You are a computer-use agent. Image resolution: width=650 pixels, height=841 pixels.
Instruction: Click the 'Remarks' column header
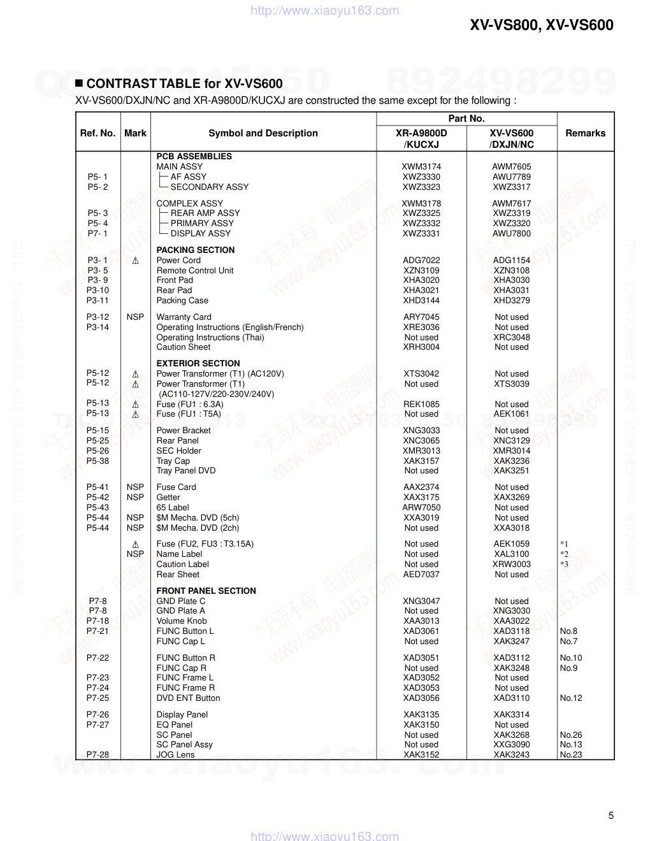[585, 133]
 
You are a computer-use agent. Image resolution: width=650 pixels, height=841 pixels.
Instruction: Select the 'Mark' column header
[135, 133]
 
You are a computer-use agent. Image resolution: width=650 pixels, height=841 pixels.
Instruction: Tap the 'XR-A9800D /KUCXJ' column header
[421, 138]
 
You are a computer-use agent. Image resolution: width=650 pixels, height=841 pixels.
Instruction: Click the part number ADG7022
[421, 260]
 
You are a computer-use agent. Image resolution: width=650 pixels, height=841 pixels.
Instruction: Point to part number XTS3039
[511, 384]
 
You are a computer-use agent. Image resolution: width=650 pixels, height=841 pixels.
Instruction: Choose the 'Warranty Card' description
[184, 317]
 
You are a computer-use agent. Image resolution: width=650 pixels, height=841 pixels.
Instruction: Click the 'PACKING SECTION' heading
[196, 250]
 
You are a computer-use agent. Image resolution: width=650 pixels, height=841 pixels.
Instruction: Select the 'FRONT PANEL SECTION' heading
[206, 591]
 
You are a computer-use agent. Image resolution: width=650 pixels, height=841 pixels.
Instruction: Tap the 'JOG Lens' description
[175, 754]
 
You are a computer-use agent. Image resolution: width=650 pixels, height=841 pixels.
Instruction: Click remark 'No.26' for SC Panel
[571, 735]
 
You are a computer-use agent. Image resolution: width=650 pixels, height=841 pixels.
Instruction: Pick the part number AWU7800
[511, 233]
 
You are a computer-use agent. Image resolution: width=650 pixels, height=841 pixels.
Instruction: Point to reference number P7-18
[97, 621]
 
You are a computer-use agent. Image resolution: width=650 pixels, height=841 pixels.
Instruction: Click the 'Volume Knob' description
[182, 621]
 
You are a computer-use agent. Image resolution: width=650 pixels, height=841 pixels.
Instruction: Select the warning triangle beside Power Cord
[135, 261]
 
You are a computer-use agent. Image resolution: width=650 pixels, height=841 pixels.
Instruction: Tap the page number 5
[611, 816]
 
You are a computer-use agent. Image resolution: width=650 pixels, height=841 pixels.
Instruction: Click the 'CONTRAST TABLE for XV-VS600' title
[184, 83]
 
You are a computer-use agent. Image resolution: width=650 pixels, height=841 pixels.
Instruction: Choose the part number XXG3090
[511, 744]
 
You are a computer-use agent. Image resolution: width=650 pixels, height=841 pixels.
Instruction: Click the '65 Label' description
[173, 507]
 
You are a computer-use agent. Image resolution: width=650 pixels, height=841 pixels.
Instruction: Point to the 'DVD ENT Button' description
[188, 698]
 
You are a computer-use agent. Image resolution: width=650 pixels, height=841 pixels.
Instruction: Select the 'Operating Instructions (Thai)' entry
[210, 337]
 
